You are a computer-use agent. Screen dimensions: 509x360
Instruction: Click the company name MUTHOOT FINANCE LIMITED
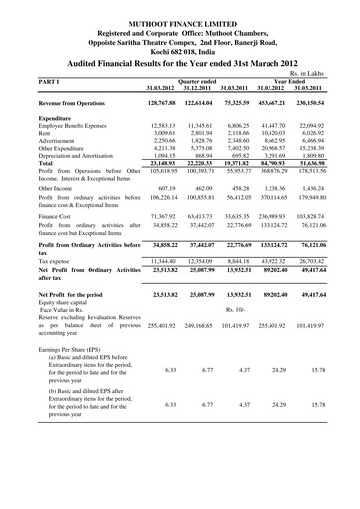click(x=180, y=8)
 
